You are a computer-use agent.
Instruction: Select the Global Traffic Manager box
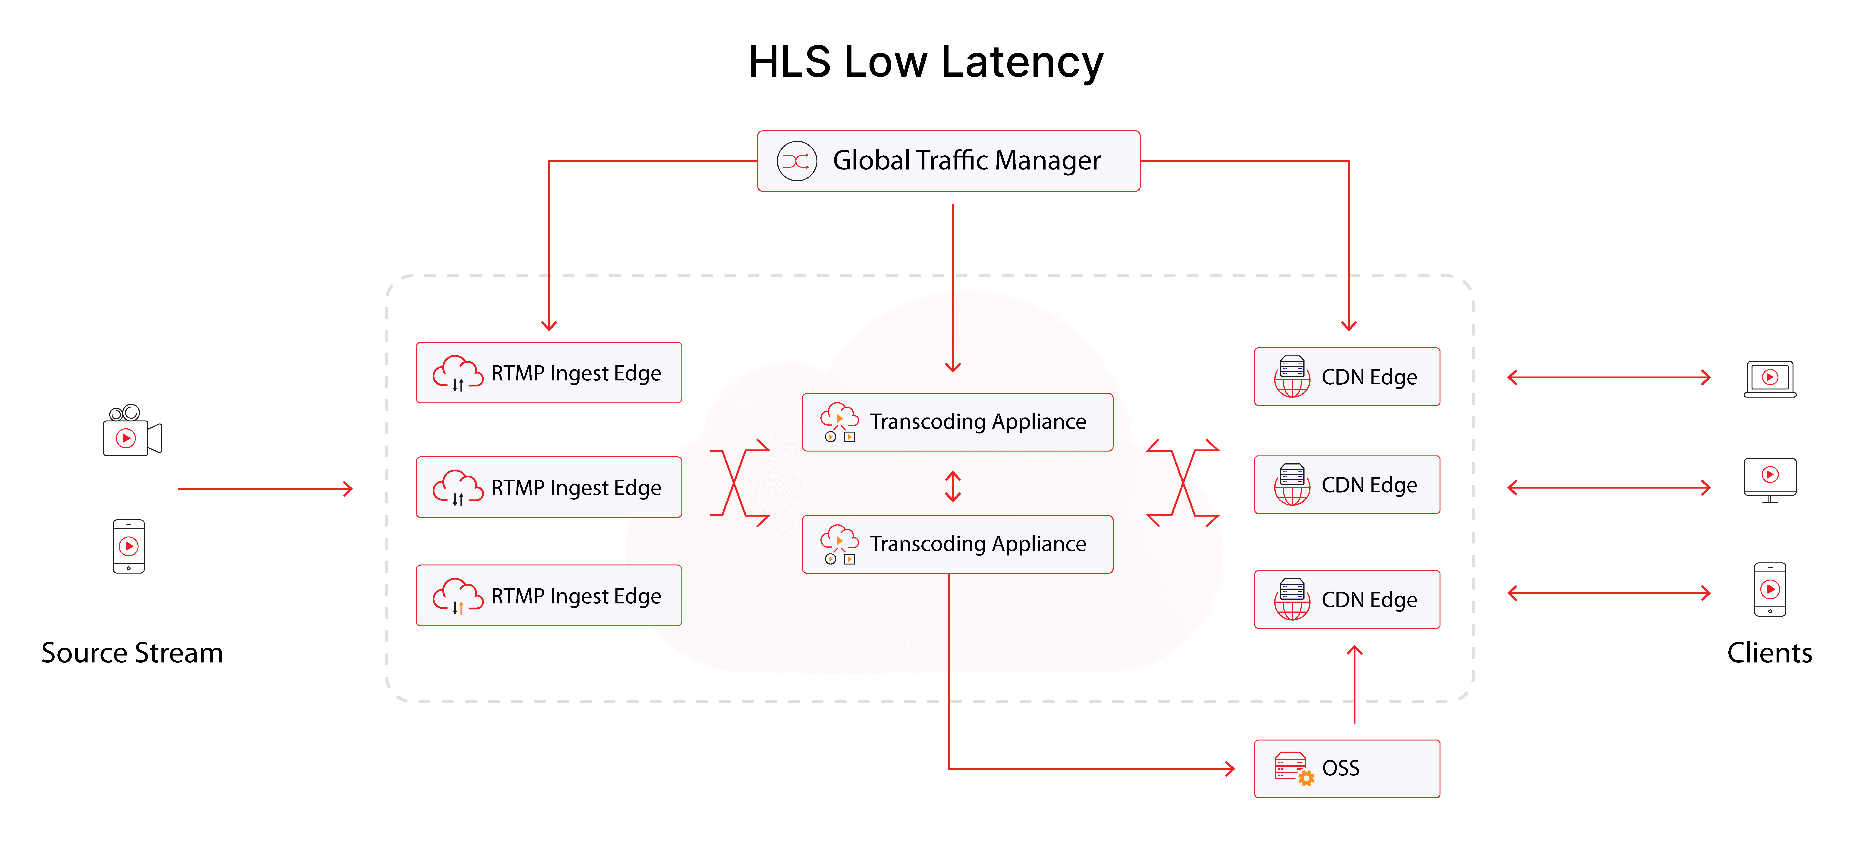948,161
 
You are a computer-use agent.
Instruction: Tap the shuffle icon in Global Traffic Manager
796,161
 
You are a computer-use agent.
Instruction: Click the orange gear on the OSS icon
1306,778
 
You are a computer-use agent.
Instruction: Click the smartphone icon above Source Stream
129,546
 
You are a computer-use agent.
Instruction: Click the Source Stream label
132,653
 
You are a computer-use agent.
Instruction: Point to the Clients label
1770,653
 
